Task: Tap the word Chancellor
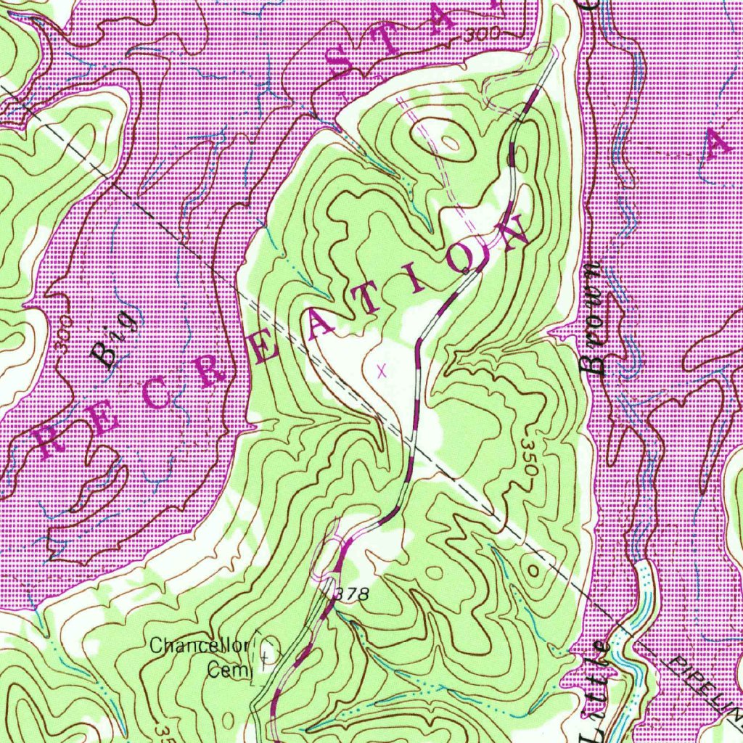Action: coord(200,646)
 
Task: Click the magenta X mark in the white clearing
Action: coord(382,371)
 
